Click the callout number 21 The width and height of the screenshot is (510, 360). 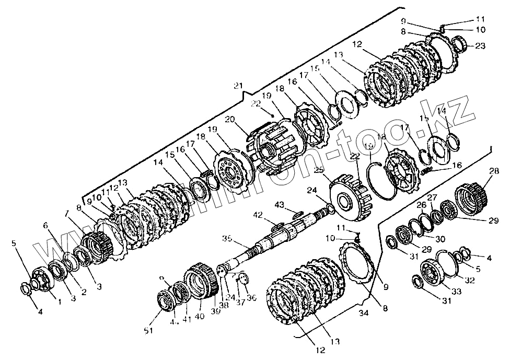click(x=238, y=85)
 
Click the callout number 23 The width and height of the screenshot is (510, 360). click(x=480, y=46)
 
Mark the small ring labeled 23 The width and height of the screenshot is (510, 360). click(x=462, y=41)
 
